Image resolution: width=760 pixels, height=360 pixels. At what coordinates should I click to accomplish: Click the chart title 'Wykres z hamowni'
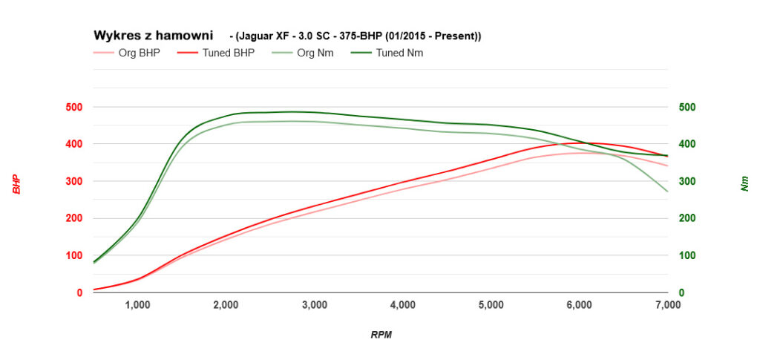coord(153,36)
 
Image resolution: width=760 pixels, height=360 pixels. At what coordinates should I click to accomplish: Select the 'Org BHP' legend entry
coord(139,53)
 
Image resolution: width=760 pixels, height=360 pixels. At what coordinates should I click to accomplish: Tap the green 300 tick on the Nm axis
coord(688,181)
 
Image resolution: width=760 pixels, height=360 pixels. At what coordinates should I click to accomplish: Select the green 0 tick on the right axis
coord(683,292)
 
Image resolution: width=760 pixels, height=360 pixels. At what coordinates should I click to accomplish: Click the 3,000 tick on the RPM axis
coord(315,304)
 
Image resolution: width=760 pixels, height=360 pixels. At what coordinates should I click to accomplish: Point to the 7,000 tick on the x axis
coord(667,304)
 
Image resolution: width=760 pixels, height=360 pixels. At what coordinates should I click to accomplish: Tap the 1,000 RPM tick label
coord(138,304)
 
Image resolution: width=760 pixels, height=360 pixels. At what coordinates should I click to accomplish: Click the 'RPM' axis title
coord(381,335)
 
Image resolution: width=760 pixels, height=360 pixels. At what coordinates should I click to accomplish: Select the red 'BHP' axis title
coord(16,184)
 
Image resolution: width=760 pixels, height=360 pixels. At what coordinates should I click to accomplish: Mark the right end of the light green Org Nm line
coord(668,192)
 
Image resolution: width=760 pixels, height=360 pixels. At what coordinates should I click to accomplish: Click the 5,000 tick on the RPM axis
coord(491,304)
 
